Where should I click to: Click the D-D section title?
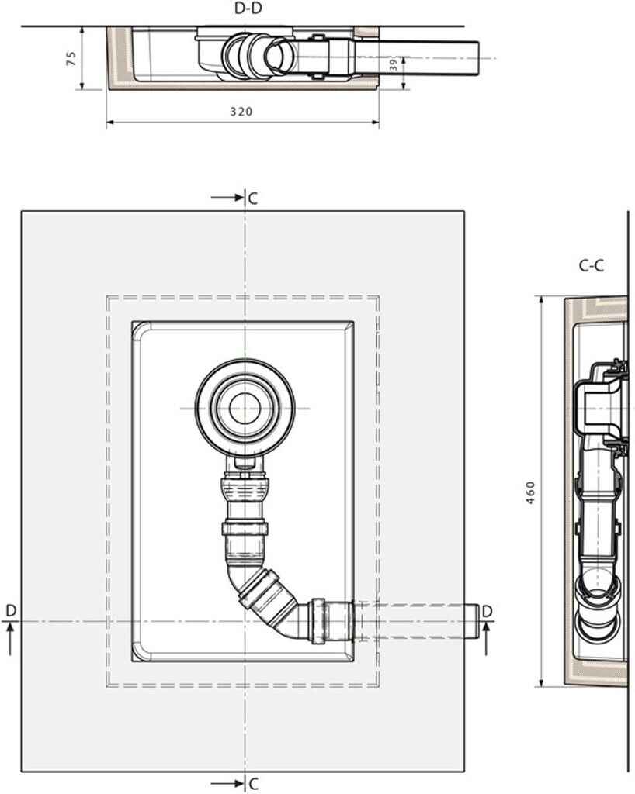point(248,9)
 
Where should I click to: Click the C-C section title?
point(592,265)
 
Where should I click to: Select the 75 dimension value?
point(71,58)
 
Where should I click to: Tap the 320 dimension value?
point(241,112)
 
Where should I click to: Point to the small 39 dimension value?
point(394,64)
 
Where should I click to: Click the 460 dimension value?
point(530,492)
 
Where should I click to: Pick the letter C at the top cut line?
point(253,198)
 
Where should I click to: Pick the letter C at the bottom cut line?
point(253,784)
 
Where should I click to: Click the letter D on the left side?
point(11,611)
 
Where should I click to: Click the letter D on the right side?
point(487,611)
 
